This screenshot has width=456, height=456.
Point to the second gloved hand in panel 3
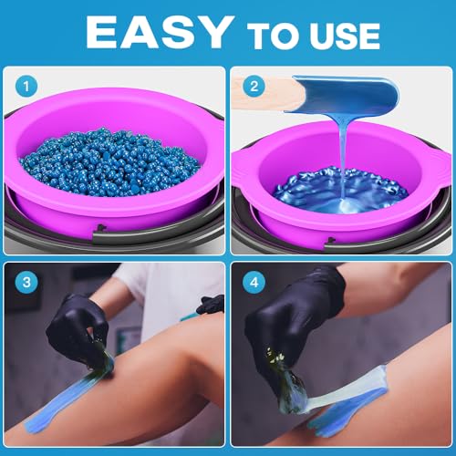(211, 304)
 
